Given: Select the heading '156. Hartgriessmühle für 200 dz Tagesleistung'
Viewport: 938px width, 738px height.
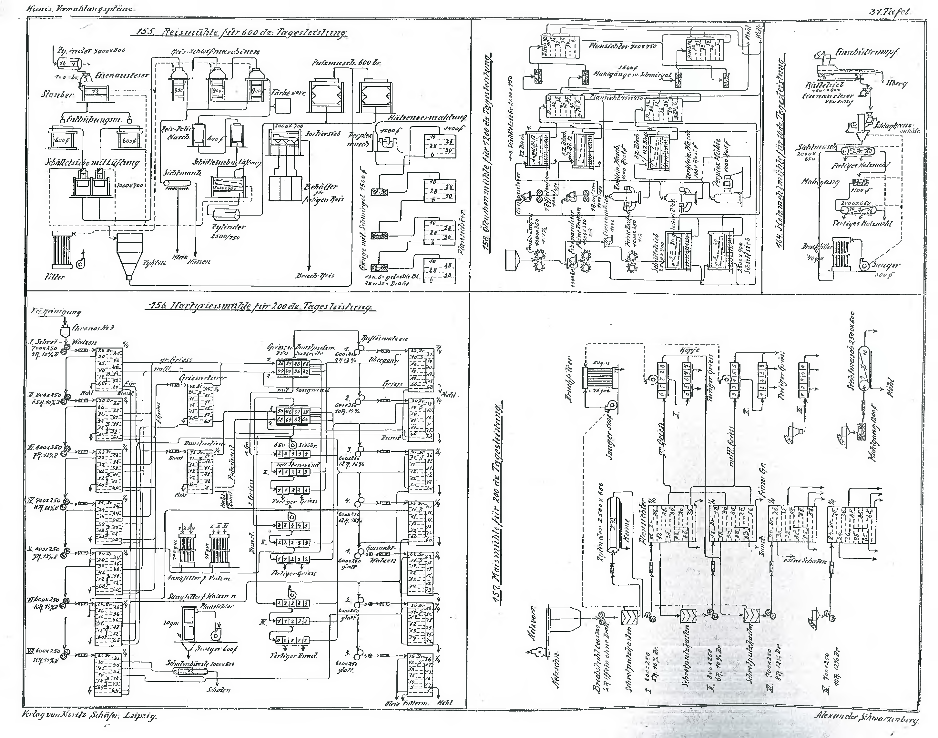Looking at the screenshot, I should click(x=260, y=307).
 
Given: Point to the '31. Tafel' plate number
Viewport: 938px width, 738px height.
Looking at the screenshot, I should click(x=890, y=12).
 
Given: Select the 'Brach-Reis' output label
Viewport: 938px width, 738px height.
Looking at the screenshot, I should click(x=315, y=275).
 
